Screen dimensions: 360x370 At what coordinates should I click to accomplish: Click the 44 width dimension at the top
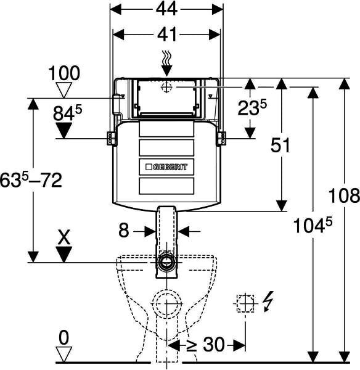click(167, 9)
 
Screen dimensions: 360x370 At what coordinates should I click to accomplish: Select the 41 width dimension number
click(167, 35)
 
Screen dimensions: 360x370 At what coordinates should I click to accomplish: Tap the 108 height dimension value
click(344, 195)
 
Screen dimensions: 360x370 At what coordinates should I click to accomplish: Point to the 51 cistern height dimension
click(280, 145)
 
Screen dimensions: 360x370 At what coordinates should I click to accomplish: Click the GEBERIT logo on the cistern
click(167, 167)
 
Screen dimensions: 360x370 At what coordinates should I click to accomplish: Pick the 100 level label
click(64, 73)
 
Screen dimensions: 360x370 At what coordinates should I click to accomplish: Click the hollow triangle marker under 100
click(63, 90)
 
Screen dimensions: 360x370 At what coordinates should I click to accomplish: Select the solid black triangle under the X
click(63, 254)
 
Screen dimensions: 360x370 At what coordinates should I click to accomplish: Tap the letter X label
click(64, 237)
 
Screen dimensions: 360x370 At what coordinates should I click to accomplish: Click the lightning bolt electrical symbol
click(269, 301)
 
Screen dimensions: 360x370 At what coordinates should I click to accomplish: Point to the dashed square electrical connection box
click(245, 303)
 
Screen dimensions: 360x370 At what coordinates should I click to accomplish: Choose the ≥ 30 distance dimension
click(205, 345)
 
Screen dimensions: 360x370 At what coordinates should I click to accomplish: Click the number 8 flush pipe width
click(124, 231)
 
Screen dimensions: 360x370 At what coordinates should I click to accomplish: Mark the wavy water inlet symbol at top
click(166, 57)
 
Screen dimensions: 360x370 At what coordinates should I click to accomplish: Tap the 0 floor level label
click(64, 338)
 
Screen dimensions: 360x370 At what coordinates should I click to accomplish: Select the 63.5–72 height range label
click(31, 180)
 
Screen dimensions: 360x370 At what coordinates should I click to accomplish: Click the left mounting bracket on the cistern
click(111, 138)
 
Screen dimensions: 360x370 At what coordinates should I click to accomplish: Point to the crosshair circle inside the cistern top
click(166, 88)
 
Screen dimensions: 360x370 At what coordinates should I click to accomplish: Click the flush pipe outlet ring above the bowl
click(167, 262)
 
